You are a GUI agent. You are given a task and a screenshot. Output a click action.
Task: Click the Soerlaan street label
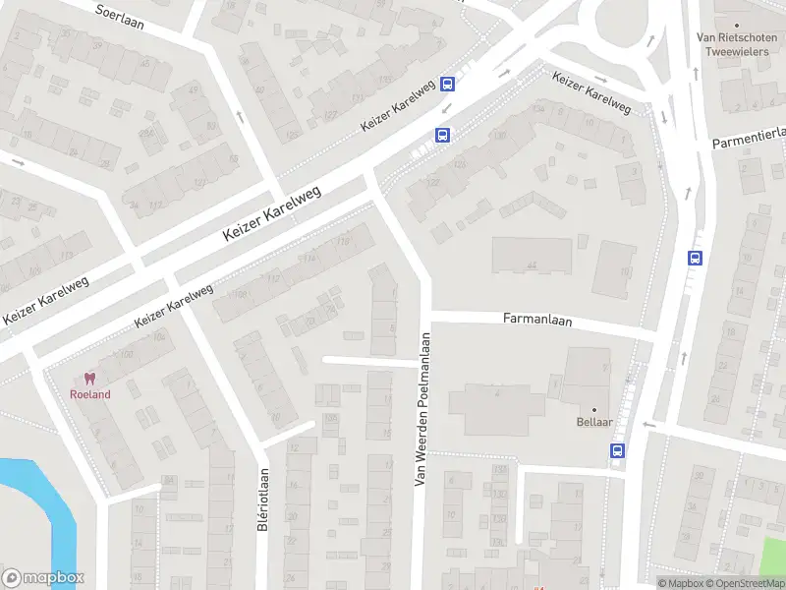120,17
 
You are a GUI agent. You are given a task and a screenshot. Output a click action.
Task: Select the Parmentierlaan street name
749,138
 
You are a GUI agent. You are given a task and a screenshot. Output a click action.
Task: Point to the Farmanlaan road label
536,320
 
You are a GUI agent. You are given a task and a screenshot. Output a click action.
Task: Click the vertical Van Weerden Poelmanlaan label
421,409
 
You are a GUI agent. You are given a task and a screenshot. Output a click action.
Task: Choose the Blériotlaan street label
263,505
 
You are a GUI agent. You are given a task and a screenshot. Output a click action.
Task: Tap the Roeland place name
89,394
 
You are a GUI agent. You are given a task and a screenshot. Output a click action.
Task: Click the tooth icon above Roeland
89,379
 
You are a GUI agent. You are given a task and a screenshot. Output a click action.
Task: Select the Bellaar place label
594,424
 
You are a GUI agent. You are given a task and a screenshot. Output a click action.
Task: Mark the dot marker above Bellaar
594,409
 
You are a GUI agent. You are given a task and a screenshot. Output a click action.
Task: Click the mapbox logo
43,578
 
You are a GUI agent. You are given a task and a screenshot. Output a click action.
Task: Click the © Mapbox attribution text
681,583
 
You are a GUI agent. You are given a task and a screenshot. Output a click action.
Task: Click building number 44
532,265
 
